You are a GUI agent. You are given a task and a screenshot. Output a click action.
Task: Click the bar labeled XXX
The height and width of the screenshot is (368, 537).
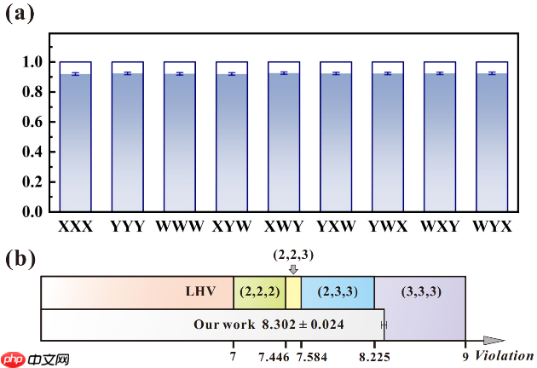pos(75,141)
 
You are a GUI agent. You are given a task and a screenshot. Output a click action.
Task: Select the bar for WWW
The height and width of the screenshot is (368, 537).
pos(180,141)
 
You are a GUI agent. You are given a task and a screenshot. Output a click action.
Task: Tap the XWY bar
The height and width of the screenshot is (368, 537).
pos(284,141)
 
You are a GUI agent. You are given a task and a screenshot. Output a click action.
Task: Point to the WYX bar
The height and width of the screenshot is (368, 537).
pos(492,141)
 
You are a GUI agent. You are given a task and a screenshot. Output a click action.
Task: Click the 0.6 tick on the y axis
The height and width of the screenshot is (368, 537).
pos(32,122)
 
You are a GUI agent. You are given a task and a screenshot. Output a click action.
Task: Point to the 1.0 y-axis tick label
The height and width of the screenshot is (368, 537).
pos(32,62)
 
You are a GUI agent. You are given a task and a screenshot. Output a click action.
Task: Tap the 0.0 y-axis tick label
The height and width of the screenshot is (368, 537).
pos(32,211)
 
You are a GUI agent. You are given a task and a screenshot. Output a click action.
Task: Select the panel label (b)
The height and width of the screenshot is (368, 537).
pos(20,259)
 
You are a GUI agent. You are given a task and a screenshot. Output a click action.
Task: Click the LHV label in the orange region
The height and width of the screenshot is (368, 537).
pos(201,291)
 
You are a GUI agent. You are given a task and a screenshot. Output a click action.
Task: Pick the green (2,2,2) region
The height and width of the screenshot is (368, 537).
pos(259,291)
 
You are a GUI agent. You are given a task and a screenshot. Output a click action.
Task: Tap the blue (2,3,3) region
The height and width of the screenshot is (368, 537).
pos(338,291)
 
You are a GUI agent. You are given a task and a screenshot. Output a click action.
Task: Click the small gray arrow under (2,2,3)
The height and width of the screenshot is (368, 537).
pos(293,269)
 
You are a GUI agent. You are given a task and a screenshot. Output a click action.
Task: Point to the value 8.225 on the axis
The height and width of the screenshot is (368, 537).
pos(374,355)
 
